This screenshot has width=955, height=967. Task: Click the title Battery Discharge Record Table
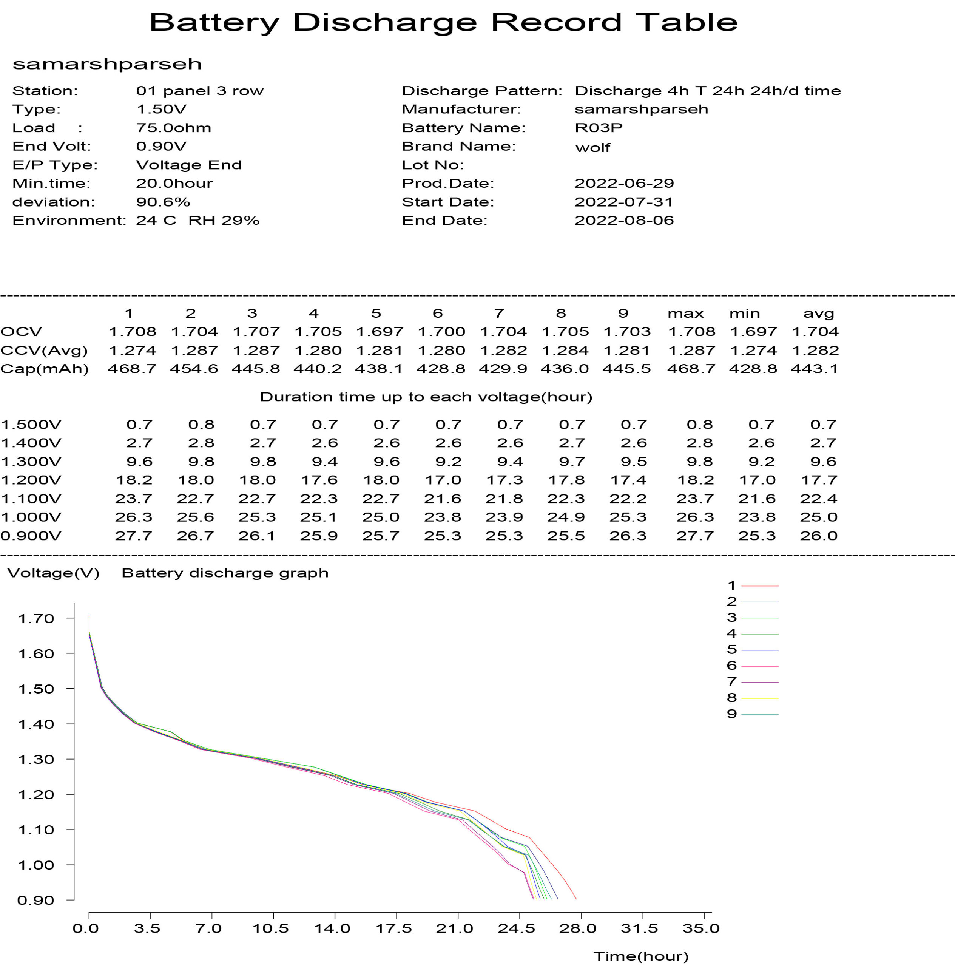point(443,23)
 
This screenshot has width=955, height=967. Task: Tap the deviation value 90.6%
point(163,202)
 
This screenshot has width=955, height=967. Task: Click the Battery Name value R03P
point(598,128)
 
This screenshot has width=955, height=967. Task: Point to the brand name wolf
point(593,148)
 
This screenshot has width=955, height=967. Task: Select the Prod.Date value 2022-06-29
point(624,183)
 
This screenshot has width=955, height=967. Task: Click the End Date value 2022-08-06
point(624,220)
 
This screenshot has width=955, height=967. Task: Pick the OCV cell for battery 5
point(379,331)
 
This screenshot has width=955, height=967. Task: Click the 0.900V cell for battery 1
point(134,536)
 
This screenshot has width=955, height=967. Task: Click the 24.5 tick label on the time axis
point(516,929)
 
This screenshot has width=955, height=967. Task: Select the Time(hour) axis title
point(641,956)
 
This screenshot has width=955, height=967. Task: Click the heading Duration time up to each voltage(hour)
point(426,397)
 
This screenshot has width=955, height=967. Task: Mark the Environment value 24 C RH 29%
point(197,221)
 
